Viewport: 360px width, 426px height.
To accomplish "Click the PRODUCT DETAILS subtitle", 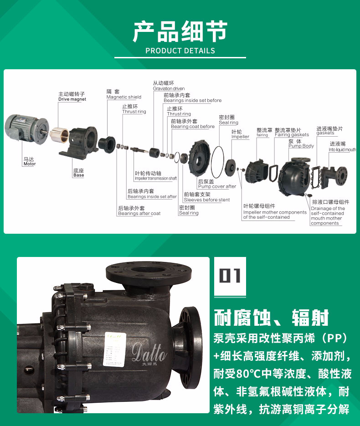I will (180, 51).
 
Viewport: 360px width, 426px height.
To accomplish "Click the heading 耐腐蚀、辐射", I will (271, 318).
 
